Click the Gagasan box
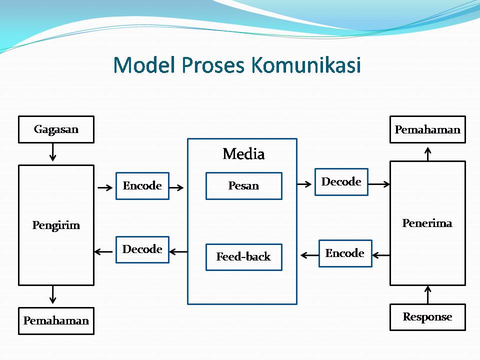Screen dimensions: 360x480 56,129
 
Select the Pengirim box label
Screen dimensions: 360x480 56,225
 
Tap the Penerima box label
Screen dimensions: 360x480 427,223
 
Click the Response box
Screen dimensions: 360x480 427,317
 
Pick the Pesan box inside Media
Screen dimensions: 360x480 243,186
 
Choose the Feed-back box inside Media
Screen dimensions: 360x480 243,257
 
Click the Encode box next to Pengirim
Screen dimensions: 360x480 142,186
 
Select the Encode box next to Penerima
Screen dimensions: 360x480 345,253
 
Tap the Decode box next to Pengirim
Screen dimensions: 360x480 142,249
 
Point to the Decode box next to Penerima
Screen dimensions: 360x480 341,182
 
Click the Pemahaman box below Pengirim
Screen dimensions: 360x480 56,320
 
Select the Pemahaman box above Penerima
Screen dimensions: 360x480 427,129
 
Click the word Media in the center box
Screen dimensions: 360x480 243,153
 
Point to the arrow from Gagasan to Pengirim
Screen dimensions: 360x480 53,152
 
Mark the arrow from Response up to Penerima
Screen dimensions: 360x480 427,294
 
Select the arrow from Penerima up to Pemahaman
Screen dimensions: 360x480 427,153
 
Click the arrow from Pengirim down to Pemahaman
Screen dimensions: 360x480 53,294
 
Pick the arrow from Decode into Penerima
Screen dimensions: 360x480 379,184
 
